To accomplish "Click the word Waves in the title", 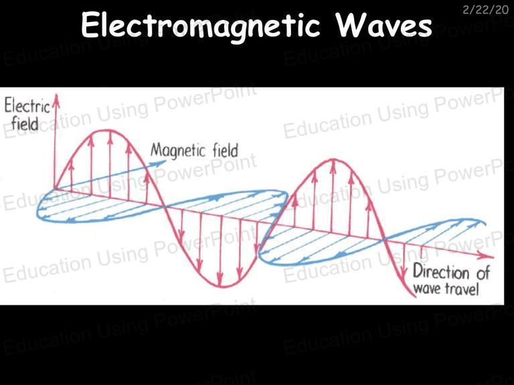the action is coord(384,25).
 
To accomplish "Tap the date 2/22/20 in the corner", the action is coord(485,10).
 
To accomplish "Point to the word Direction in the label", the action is coord(441,272).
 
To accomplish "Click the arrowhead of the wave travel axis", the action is coord(488,256).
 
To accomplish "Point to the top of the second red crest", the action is coord(333,160).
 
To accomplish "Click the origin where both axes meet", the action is coord(55,189).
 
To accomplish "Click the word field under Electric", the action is coord(25,124).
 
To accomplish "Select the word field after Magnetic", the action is coord(225,151).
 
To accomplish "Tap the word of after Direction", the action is coord(483,273).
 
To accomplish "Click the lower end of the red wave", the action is coord(415,297).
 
